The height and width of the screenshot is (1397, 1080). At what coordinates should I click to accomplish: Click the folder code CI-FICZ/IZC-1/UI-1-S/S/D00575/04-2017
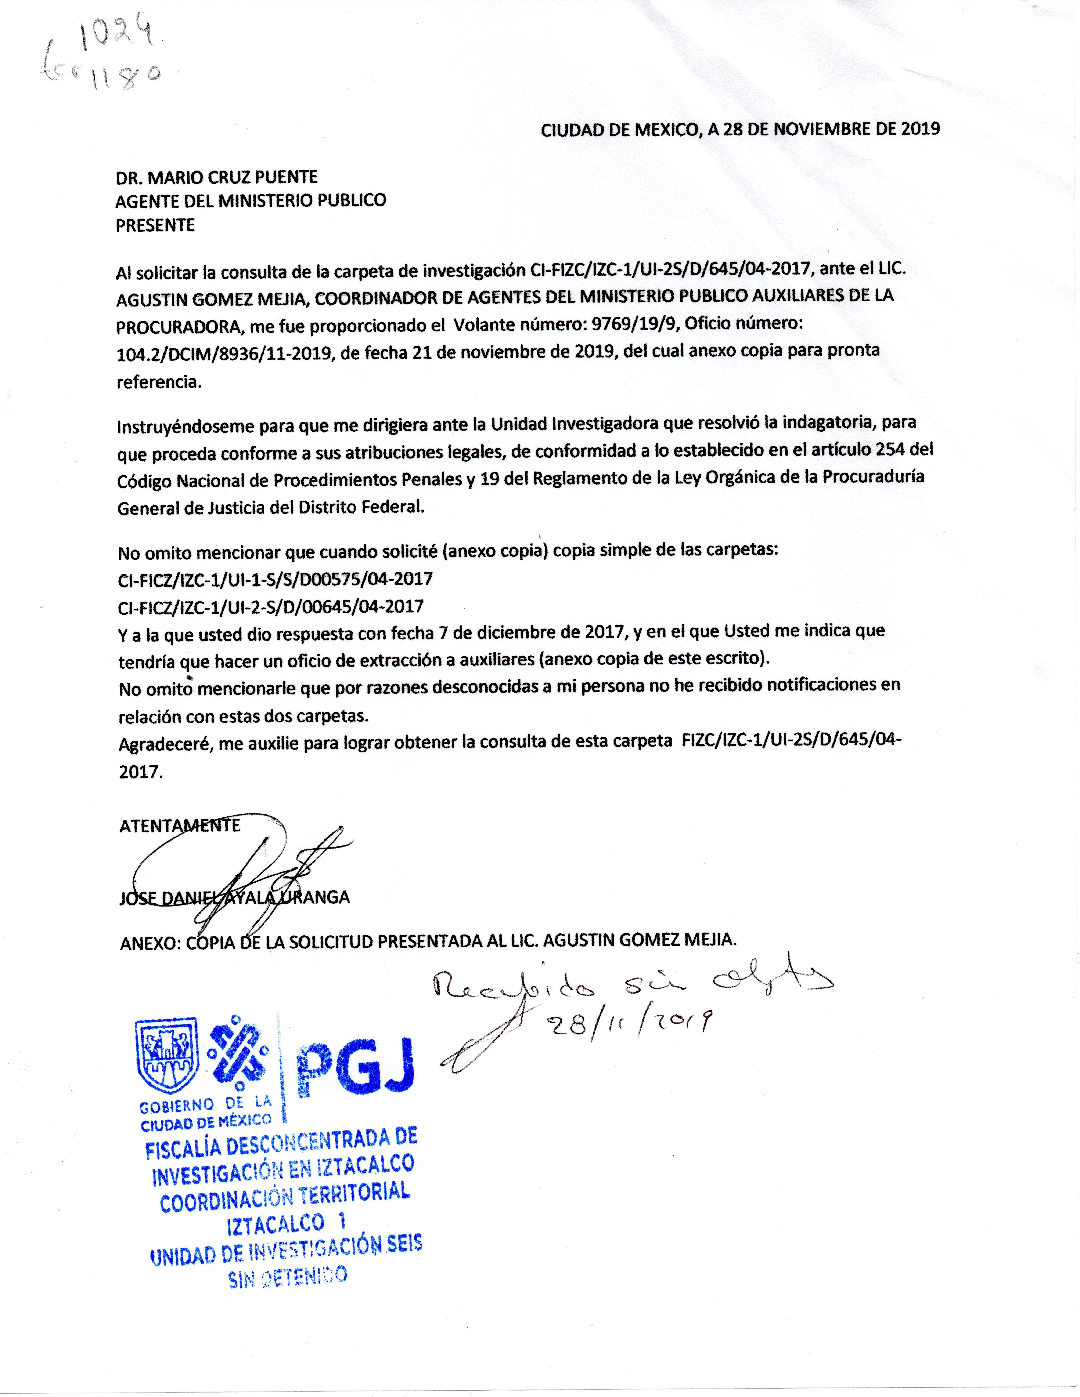[275, 580]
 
